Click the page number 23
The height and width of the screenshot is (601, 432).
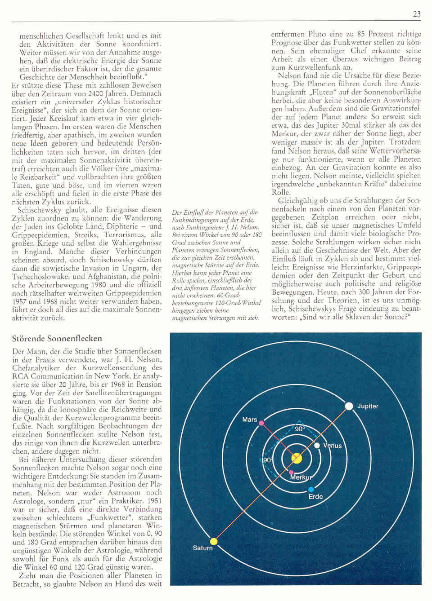[417, 14]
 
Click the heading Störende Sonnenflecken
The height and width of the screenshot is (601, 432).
[57, 338]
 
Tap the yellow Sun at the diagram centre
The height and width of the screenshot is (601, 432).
[297, 458]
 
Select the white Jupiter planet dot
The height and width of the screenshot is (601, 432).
[349, 406]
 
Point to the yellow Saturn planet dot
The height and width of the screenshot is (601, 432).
[214, 541]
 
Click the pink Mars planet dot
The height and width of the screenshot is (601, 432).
[261, 423]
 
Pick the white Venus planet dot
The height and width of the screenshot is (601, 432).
[317, 445]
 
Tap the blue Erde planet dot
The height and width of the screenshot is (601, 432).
[311, 490]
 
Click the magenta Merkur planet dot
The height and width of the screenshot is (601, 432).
[291, 472]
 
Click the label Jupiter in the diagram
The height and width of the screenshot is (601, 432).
[368, 406]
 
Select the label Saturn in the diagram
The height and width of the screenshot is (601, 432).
[202, 548]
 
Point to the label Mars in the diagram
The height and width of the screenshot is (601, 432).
[250, 420]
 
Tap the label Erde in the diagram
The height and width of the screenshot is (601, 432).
[315, 497]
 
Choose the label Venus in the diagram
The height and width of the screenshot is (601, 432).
[333, 446]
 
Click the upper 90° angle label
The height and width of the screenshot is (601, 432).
[300, 429]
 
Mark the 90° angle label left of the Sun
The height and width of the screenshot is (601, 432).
[267, 460]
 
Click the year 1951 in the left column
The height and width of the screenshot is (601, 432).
[154, 501]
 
